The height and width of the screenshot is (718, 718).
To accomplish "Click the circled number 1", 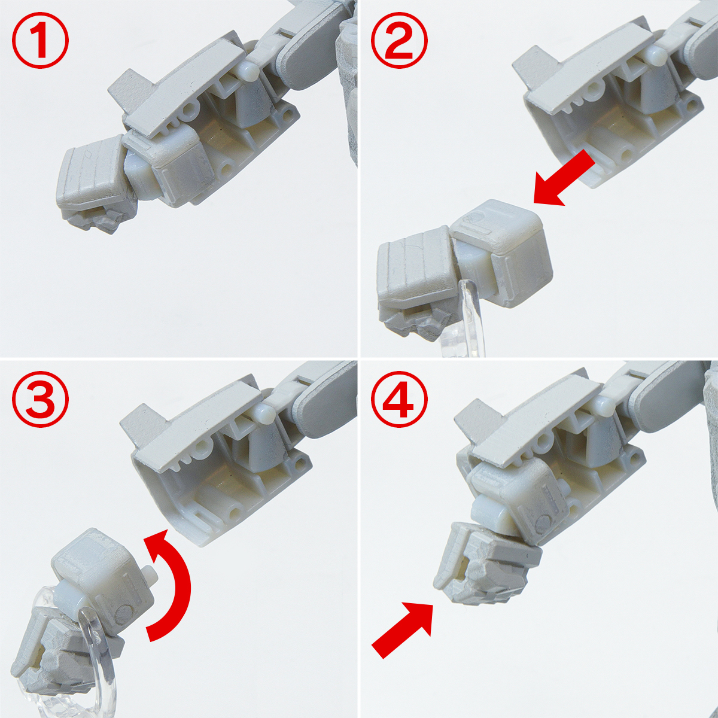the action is pos(41,41).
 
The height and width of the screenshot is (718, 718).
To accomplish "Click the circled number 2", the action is pos(400,41).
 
